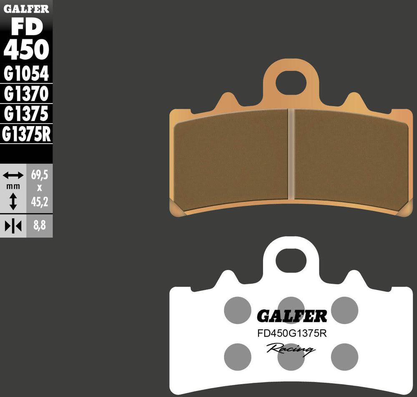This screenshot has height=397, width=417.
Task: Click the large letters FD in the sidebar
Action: click(26, 28)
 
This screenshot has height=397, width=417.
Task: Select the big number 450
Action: click(26, 51)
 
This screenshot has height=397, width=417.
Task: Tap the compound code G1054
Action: click(26, 74)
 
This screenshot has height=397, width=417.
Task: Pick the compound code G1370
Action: click(26, 94)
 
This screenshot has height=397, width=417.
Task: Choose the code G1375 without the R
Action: click(26, 114)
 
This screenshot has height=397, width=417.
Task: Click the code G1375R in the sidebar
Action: click(26, 134)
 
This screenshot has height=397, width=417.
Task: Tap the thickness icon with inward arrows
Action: click(13, 227)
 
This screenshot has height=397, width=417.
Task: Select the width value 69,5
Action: click(39, 175)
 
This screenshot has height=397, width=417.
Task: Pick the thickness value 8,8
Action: click(39, 227)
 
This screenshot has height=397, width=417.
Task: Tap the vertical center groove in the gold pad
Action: click(291, 154)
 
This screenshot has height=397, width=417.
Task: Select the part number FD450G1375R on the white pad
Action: click(291, 334)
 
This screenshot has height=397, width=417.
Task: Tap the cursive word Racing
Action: click(291, 349)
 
